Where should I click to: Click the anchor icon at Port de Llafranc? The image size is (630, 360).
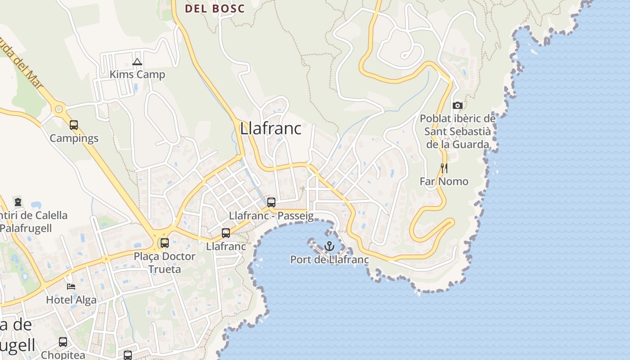tap(329, 246)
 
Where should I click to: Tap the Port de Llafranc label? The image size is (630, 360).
tap(329, 260)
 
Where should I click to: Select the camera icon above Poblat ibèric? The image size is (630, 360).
tap(458, 105)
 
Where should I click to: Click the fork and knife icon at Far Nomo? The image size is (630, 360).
tap(444, 168)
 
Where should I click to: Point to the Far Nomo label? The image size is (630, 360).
tap(444, 181)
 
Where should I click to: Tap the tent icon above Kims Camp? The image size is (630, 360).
tap(137, 62)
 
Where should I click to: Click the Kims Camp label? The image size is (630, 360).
tap(137, 74)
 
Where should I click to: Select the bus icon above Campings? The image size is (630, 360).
tap(74, 125)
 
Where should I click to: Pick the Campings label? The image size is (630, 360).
tap(74, 138)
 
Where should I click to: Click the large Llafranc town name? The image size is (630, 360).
tap(270, 128)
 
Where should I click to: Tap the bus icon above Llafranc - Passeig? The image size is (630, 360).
tap(271, 202)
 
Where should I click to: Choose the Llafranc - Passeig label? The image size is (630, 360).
tap(271, 216)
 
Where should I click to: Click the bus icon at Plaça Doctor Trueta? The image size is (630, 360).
tap(165, 243)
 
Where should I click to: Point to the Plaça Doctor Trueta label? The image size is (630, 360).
tap(165, 263)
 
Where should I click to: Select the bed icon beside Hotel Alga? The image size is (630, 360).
tap(71, 286)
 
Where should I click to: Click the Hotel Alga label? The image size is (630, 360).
tap(71, 300)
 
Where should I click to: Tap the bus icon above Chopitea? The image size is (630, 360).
tap(63, 342)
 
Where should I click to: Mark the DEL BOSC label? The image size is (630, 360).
tap(215, 9)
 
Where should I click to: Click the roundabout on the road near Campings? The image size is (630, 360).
tap(58, 109)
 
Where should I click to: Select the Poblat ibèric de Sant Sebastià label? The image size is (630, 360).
tap(458, 131)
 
